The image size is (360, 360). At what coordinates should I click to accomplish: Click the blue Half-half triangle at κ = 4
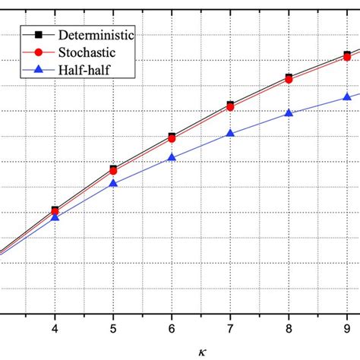(55, 217)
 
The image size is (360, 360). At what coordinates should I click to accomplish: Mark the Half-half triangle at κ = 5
(113, 183)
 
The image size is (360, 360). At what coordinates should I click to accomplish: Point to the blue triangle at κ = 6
(172, 157)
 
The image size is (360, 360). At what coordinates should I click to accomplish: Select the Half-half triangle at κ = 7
(230, 133)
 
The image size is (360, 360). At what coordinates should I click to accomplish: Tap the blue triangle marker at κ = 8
(289, 113)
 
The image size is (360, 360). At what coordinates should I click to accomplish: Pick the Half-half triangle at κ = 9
(347, 96)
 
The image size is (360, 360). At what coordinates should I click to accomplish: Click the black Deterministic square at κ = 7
(230, 105)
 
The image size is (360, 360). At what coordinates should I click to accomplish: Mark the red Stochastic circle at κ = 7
(230, 108)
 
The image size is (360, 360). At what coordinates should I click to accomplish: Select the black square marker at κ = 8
(289, 77)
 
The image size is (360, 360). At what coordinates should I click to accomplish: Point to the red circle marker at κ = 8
(289, 80)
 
